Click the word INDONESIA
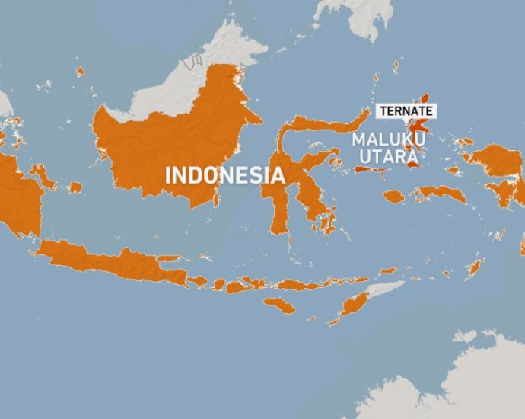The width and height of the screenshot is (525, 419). click(x=225, y=175)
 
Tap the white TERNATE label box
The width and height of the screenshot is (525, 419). click(x=406, y=110)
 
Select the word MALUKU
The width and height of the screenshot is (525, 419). click(x=388, y=140)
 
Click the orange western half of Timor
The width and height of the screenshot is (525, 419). click(x=354, y=305)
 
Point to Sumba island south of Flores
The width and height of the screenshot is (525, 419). click(x=278, y=305)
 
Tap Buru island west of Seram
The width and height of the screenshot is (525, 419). click(x=393, y=197)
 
